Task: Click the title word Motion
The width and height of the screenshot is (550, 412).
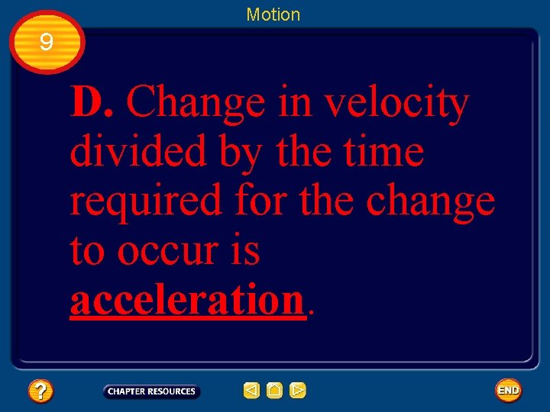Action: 273,14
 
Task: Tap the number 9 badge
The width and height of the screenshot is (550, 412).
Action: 47,43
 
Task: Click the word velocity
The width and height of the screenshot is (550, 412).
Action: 396,104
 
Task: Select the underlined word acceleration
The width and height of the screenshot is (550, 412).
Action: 187,301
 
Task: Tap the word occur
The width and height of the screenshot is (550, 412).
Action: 168,251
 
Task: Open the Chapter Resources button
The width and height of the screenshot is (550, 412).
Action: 151,391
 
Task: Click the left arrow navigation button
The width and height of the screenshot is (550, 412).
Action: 251,391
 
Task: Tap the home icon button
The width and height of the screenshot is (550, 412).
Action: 275,391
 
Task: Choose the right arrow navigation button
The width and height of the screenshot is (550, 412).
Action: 298,391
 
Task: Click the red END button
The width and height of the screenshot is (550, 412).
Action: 508,391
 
